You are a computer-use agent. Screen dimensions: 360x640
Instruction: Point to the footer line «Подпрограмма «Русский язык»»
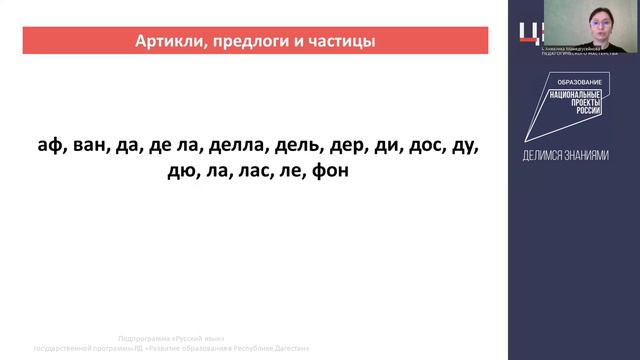[171, 338]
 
